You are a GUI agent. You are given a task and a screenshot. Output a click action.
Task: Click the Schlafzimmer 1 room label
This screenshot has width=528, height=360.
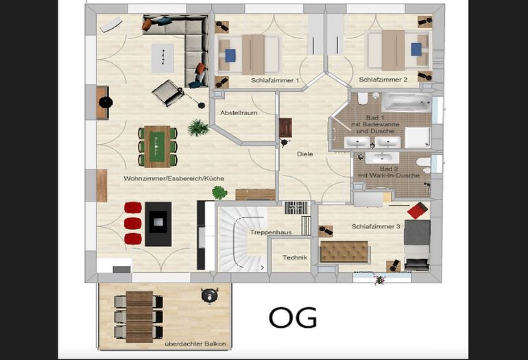(x=276, y=80)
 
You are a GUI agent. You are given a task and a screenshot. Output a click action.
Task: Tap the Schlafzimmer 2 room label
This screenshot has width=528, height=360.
(x=383, y=80)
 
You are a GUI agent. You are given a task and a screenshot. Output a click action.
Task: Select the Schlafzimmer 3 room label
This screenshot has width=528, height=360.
(x=376, y=226)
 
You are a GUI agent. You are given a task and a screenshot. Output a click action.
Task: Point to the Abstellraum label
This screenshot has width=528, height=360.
(x=239, y=112)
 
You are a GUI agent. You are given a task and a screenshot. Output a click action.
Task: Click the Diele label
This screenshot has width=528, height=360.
(x=305, y=154)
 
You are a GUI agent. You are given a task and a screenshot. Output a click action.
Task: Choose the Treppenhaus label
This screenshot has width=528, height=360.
(x=271, y=232)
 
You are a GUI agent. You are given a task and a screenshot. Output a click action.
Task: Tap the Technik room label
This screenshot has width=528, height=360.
(x=295, y=258)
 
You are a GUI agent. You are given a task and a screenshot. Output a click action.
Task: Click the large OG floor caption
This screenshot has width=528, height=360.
(x=293, y=318)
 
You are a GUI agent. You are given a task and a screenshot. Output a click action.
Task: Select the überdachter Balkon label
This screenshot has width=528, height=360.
(x=195, y=343)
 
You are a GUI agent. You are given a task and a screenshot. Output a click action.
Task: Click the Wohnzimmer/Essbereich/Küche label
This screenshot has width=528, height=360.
(x=174, y=178)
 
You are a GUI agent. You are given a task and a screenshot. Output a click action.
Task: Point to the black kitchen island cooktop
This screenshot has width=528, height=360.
(x=158, y=223)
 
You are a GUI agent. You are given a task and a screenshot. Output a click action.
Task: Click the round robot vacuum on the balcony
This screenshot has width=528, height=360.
(x=207, y=296)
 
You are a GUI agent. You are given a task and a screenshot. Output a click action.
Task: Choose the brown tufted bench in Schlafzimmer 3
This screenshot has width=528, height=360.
(x=344, y=252)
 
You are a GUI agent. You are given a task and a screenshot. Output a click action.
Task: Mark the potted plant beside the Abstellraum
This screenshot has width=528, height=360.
(x=199, y=127)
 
